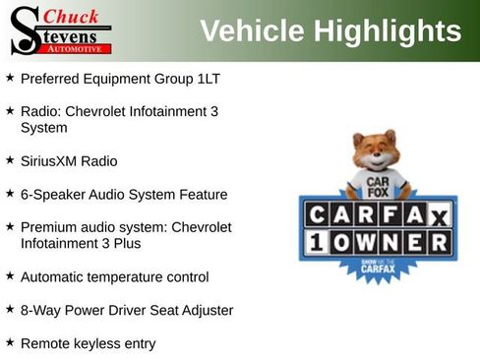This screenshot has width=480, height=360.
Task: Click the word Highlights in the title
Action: [x=389, y=31]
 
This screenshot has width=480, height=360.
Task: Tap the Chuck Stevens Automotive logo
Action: [x=59, y=30]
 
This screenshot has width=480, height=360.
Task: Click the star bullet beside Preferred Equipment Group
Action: [x=10, y=77]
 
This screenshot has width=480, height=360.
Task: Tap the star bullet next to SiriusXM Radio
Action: [x=10, y=158]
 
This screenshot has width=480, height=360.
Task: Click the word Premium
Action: [x=49, y=226]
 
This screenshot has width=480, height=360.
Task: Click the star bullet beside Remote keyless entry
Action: [x=10, y=342]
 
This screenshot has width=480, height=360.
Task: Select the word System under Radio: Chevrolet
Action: [x=44, y=127]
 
